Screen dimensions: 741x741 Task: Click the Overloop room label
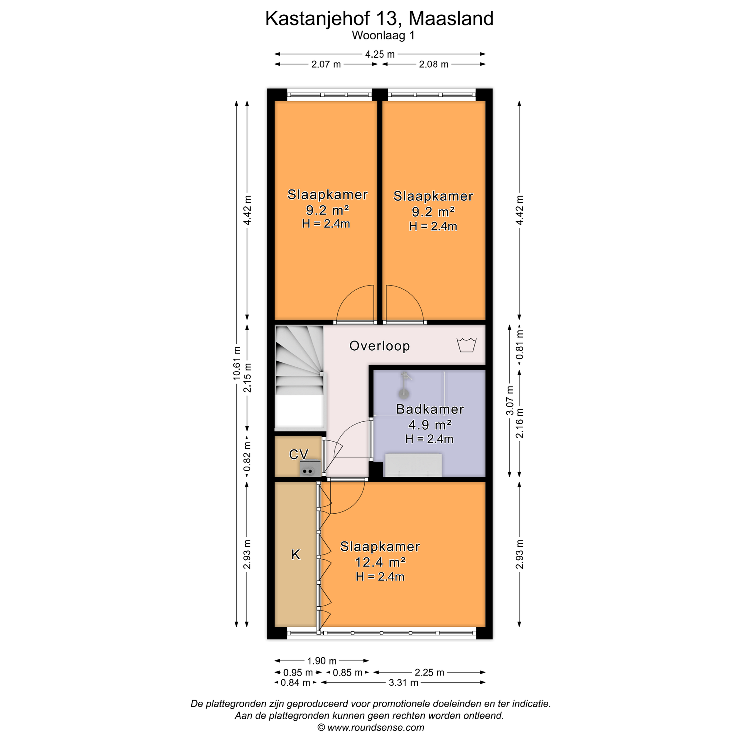tap(379, 346)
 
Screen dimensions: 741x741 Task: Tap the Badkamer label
tap(430, 409)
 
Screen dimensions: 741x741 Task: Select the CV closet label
tap(298, 454)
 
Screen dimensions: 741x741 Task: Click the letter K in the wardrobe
tap(296, 554)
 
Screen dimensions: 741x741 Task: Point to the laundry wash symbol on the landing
tap(466, 345)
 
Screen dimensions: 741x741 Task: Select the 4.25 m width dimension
tap(380, 54)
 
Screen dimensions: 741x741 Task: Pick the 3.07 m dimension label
tap(509, 400)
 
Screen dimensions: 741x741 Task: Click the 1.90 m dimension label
tap(322, 661)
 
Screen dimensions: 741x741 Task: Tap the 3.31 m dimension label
tap(403, 682)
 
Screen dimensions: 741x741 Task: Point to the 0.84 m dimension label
tap(295, 682)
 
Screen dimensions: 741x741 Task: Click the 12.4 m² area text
tap(380, 562)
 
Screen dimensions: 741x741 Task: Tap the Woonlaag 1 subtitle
tap(383, 35)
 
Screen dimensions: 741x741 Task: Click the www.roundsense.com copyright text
tap(371, 728)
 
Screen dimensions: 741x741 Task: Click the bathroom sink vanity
tap(413, 465)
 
